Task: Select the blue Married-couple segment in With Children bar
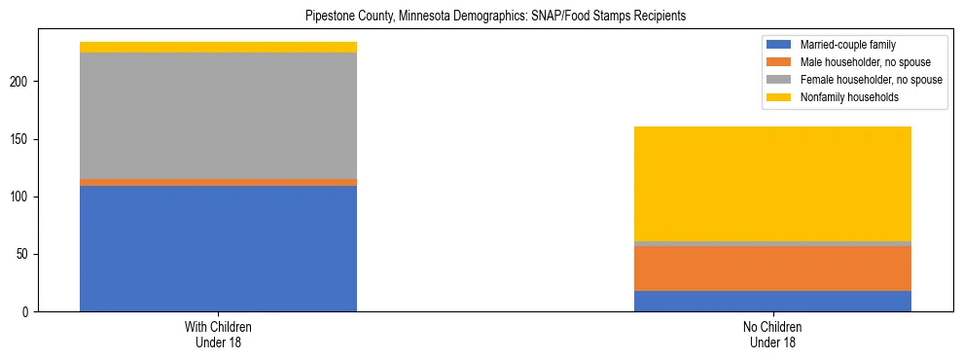(x=218, y=248)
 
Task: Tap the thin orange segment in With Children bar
(x=218, y=182)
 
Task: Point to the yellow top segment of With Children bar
(x=218, y=47)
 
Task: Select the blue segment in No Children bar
(x=772, y=301)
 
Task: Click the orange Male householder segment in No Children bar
(x=772, y=269)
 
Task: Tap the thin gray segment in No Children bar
(x=772, y=243)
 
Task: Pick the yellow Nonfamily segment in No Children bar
(x=772, y=184)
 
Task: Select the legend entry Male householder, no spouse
(x=856, y=62)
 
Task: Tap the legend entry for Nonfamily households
(x=842, y=97)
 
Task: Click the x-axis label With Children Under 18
(x=218, y=335)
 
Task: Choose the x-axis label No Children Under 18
(x=772, y=335)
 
